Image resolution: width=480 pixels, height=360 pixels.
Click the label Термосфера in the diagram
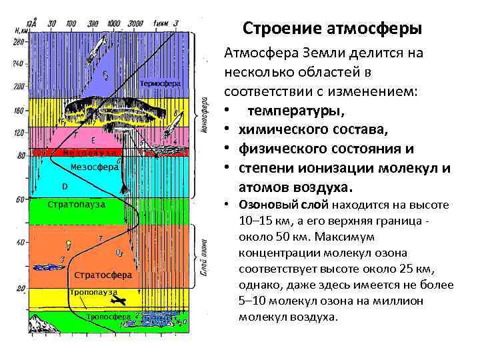[x=161, y=84]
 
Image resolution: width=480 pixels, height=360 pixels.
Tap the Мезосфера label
[x=94, y=167]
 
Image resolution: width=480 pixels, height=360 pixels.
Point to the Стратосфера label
[x=102, y=275]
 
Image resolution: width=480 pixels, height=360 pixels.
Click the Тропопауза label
[x=93, y=292]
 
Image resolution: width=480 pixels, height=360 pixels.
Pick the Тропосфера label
[x=107, y=317]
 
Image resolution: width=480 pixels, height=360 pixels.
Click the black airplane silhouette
[x=118, y=301]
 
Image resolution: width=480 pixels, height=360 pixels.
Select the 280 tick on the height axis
[x=18, y=42]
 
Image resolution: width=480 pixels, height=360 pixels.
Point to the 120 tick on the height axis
[x=18, y=132]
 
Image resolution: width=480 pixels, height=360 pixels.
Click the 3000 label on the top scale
[x=135, y=23]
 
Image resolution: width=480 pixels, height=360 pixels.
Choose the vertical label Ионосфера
[x=202, y=115]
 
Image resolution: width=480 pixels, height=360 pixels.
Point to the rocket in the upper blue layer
[x=102, y=47]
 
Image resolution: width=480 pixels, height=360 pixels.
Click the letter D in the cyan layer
[x=65, y=185]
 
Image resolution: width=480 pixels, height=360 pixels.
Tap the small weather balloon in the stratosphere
[x=63, y=257]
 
